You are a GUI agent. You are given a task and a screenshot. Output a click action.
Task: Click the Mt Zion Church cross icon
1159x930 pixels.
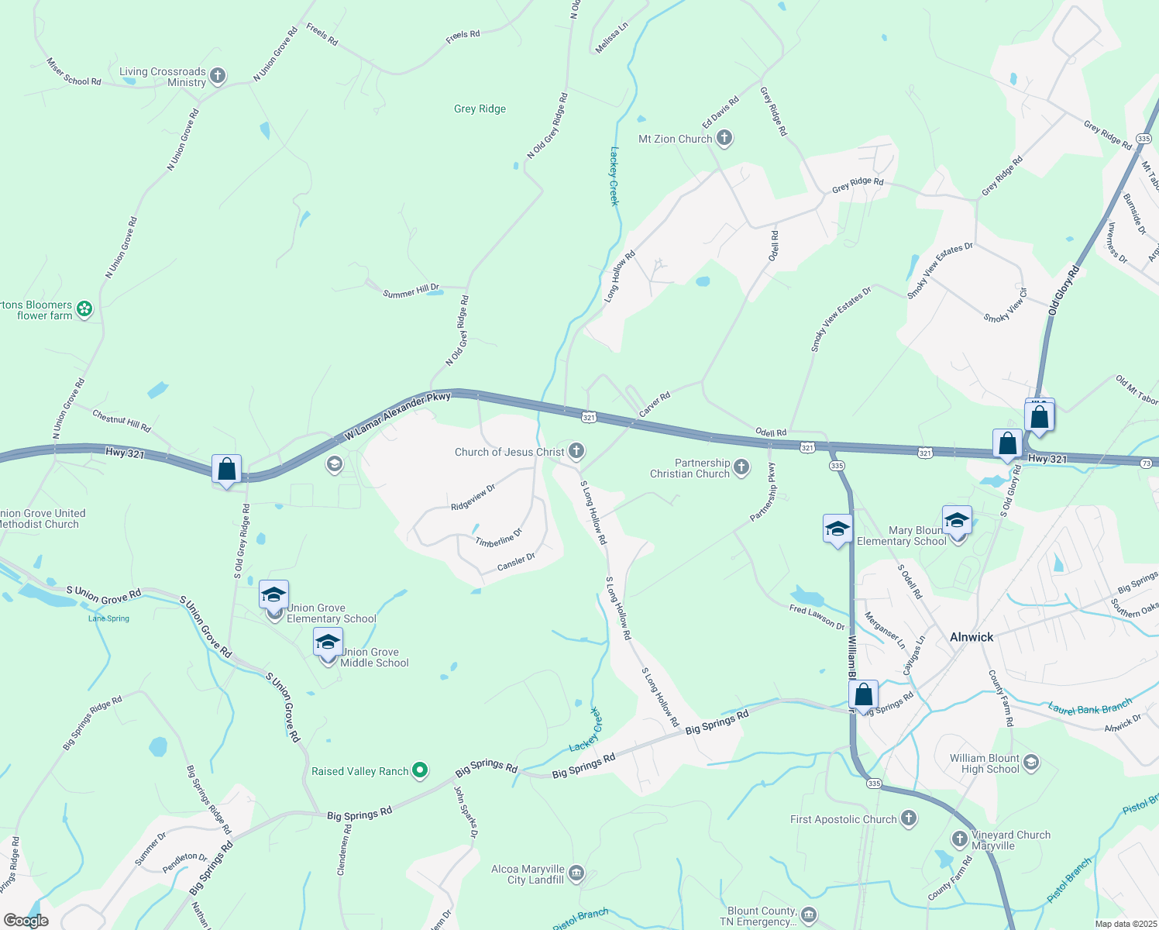(724, 139)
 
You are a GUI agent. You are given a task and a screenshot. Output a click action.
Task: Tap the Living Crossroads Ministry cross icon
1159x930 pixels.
(218, 76)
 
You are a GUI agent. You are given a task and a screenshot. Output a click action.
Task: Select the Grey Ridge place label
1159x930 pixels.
(480, 109)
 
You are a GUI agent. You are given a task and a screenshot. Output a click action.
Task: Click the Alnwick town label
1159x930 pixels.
(972, 637)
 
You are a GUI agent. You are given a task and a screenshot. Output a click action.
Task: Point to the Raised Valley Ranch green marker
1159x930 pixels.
(419, 770)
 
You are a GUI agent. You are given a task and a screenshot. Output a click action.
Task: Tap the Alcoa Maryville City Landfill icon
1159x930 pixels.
(576, 874)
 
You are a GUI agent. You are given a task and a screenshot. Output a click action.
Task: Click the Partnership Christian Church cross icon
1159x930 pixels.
(741, 467)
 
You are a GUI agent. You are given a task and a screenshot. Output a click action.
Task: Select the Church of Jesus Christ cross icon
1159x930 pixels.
(576, 451)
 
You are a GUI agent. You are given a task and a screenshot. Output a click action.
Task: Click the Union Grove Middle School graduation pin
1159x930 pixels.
(328, 644)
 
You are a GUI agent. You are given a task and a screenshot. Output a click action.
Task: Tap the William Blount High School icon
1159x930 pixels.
(1030, 763)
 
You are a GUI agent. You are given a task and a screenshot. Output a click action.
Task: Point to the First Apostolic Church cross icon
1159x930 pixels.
(908, 818)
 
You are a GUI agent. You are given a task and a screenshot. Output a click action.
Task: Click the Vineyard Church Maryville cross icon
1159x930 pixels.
(960, 839)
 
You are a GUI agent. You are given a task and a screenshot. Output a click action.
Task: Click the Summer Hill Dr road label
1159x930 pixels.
(411, 292)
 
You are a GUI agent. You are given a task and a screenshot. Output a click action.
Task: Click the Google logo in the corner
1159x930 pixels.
(26, 921)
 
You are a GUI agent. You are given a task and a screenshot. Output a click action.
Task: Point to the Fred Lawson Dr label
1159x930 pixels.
(817, 618)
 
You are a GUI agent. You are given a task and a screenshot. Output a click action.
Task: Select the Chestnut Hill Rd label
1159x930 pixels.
(122, 421)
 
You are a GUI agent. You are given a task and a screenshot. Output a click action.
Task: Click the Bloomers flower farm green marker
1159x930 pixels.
(84, 310)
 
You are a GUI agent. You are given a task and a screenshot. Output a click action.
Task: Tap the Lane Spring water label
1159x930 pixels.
(108, 618)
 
